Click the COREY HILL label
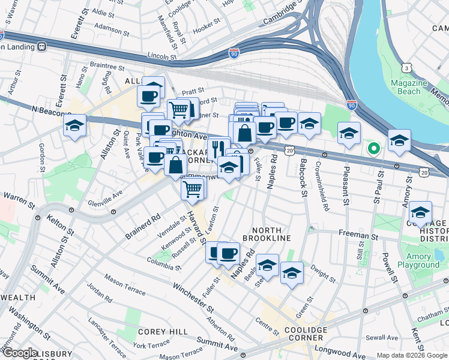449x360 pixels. [x=156, y=331]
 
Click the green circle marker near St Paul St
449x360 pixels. [x=373, y=148]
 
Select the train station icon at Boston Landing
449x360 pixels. [x=41, y=47]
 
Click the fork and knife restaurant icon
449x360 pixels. [x=218, y=148]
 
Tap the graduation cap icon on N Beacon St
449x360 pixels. [x=74, y=126]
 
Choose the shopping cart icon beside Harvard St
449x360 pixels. [x=193, y=189]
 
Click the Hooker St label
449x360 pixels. [x=208, y=27]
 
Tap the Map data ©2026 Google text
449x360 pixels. [x=412, y=355]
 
